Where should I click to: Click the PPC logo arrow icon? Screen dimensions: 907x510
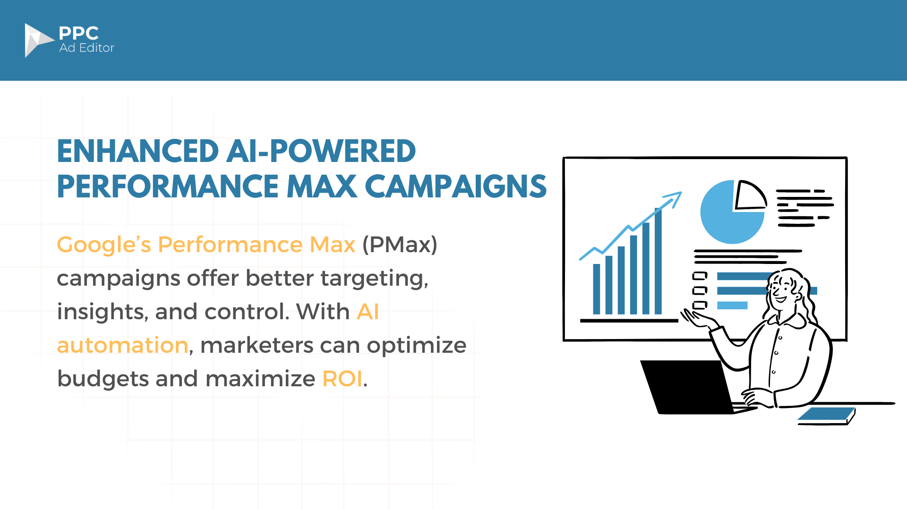pos(38,40)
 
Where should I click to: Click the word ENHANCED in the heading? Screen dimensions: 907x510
pos(137,152)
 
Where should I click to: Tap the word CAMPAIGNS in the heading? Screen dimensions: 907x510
pos(455,186)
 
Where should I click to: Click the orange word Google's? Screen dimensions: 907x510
pos(104,245)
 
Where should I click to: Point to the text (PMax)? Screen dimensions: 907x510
pos(400,245)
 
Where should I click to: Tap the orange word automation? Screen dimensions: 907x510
pos(123,345)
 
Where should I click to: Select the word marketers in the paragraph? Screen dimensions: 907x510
pos(257,345)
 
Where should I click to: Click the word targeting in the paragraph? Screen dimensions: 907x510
pos(374,279)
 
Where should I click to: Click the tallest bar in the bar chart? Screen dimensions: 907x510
pos(658,261)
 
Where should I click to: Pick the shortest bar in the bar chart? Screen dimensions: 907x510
pos(597,289)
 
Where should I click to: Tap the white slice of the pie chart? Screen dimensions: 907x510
pos(748,196)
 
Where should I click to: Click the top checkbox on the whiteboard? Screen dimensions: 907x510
pos(700,276)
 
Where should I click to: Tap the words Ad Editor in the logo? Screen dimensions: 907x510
pos(87,48)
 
